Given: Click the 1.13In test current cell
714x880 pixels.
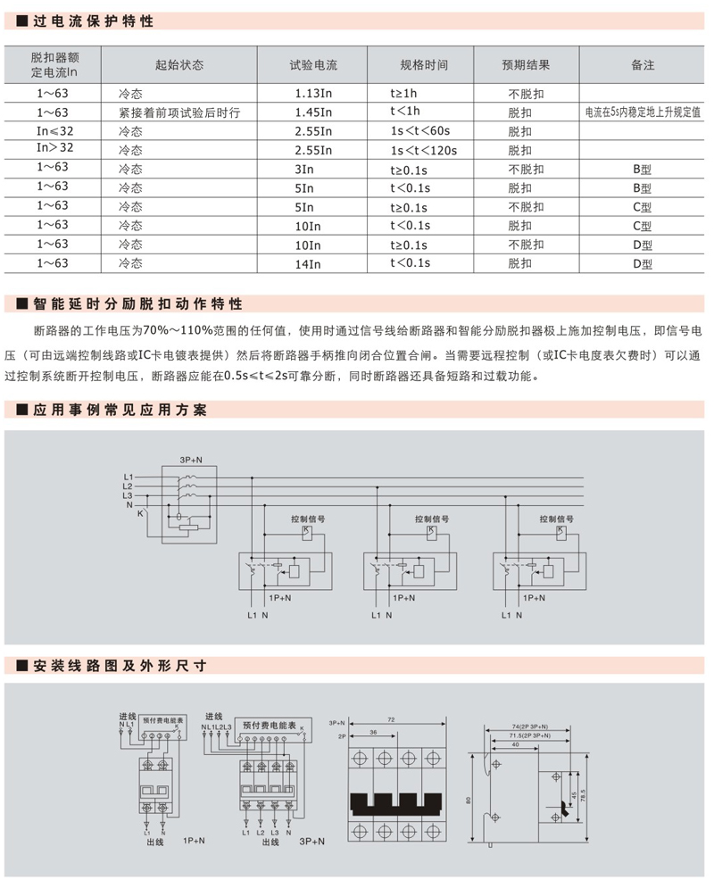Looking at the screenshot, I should coord(313,93).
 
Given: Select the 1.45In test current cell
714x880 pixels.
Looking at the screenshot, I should coord(313,112).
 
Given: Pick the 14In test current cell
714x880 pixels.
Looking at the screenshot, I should coord(308,263).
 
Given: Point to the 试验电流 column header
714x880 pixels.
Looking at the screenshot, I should coord(313,65).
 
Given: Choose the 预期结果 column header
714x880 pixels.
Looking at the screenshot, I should coord(526,65).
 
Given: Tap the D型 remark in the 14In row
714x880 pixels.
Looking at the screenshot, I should coord(643,263).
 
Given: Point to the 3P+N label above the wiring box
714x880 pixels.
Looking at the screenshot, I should coord(190,459).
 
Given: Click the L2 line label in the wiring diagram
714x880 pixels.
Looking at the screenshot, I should coord(128,486).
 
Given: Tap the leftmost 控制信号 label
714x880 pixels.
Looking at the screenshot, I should coord(307,518).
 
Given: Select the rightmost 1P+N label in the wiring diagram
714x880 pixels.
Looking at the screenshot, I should coord(535,597).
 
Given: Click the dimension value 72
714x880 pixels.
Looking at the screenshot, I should coord(391,718).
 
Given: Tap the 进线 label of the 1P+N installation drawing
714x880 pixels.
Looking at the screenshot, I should coord(127,716).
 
